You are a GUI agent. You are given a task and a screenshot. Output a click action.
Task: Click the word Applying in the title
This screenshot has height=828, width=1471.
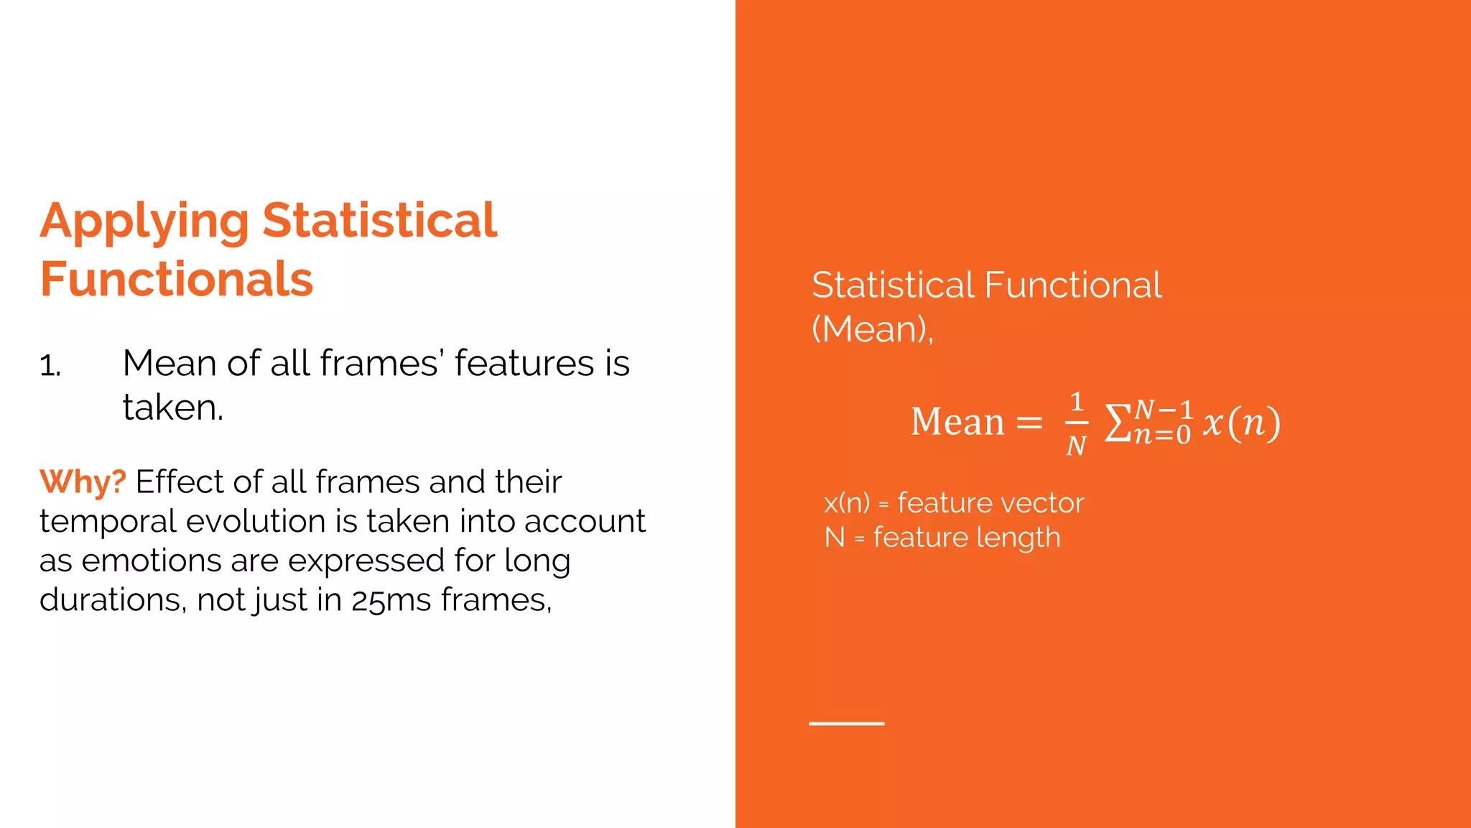pyautogui.click(x=144, y=221)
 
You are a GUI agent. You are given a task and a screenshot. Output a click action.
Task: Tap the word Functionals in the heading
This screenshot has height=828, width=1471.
pyautogui.click(x=177, y=279)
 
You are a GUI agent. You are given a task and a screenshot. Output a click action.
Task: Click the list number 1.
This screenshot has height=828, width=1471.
pyautogui.click(x=50, y=366)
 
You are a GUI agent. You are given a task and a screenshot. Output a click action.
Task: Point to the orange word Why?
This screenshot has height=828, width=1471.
pyautogui.click(x=83, y=482)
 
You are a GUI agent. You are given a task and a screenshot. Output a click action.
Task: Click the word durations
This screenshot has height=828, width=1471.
pyautogui.click(x=113, y=600)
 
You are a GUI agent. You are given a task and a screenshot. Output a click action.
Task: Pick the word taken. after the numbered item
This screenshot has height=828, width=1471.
pyautogui.click(x=173, y=408)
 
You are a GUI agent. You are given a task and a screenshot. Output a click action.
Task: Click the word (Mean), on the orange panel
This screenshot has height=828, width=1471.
pyautogui.click(x=872, y=329)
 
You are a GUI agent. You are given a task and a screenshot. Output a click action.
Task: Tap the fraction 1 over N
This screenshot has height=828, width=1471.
pyautogui.click(x=1076, y=424)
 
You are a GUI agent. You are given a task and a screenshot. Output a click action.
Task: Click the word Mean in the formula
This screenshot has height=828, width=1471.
pyautogui.click(x=957, y=422)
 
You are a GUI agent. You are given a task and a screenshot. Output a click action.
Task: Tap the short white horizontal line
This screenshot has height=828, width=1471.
pyautogui.click(x=846, y=723)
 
